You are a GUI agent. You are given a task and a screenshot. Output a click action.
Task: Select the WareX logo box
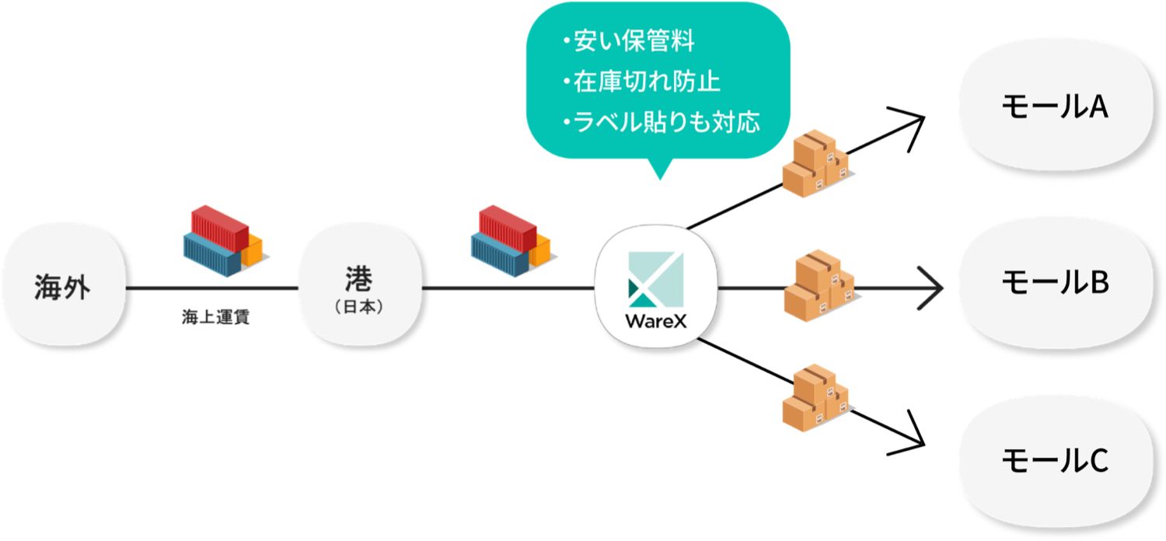point(656,286)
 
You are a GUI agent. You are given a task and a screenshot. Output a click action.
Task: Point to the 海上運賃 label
point(211,319)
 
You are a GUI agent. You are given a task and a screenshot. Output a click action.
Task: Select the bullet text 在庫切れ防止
point(644,82)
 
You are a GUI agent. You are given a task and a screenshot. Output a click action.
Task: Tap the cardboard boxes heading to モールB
point(818,285)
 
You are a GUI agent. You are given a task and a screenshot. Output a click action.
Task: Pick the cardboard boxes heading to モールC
point(814,397)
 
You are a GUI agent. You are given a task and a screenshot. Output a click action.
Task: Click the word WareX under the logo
point(655,321)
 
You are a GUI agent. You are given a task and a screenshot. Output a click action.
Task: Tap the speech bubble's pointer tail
point(658,169)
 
